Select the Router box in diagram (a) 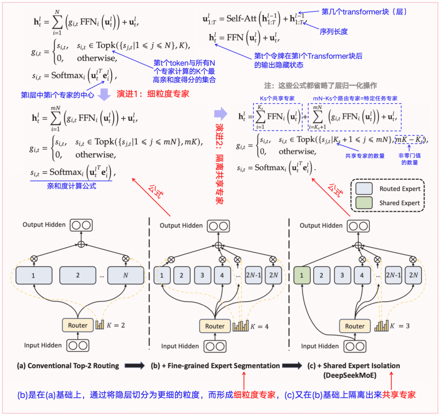tap(77, 325)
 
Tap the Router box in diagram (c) tap(354, 326)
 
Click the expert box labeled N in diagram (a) tap(125, 275)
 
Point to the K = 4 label tap(260, 326)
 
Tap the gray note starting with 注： tap(320, 86)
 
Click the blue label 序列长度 tap(333, 31)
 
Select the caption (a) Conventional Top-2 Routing tap(68, 365)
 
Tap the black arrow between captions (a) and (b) tap(134, 365)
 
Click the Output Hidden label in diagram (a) tap(44, 225)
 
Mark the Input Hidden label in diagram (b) tap(180, 346)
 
